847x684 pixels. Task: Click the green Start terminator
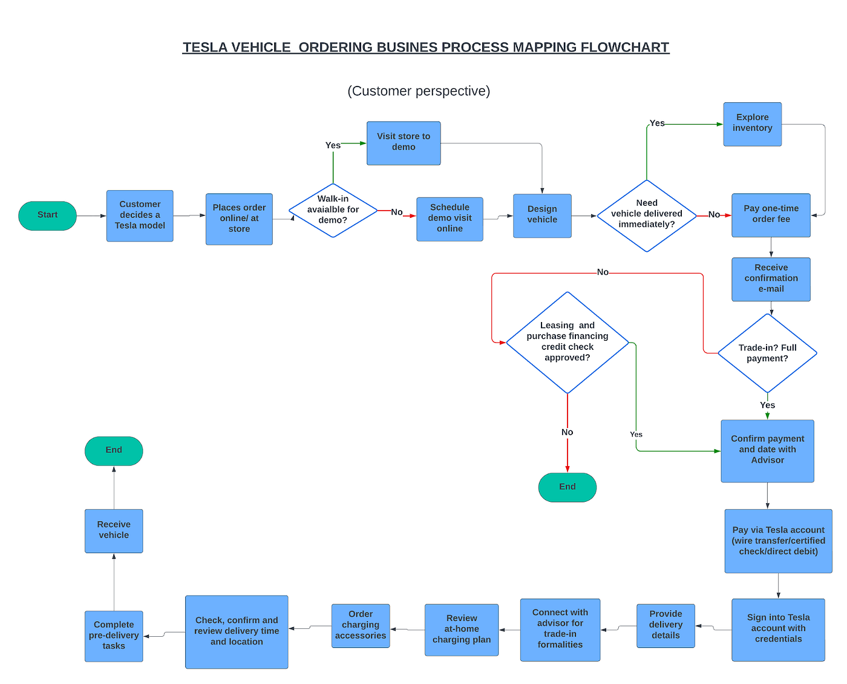[x=47, y=215]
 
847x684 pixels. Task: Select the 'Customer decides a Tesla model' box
[x=140, y=215]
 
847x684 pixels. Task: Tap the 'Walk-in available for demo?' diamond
[x=333, y=210]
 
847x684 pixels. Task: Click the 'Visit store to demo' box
[x=404, y=143]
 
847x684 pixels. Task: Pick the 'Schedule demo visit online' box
[x=450, y=219]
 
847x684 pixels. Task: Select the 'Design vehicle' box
[x=542, y=215]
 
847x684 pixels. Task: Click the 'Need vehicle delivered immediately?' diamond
[x=646, y=215]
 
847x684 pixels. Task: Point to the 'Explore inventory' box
[x=752, y=123]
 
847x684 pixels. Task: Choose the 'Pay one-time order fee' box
[x=771, y=215]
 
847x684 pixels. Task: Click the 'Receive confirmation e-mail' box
[x=771, y=279]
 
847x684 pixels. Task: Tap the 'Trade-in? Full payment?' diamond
[x=767, y=353]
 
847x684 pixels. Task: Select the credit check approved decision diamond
[x=567, y=343]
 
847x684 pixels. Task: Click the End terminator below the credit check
[x=567, y=487]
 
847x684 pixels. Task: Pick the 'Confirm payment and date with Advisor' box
[x=767, y=450]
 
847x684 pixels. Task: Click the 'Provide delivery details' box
[x=665, y=625]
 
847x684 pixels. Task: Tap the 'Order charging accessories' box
[x=361, y=625]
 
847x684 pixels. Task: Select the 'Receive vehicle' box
[x=114, y=530]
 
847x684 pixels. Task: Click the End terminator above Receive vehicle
[x=114, y=450]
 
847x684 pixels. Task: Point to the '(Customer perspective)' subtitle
[x=419, y=91]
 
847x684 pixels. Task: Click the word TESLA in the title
[x=206, y=47]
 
